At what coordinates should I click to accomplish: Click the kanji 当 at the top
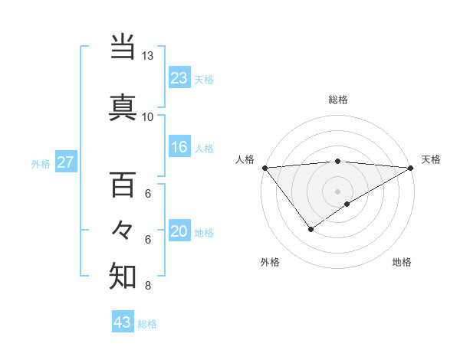(123, 47)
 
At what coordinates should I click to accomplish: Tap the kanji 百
(123, 185)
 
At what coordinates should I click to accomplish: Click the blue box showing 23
(179, 78)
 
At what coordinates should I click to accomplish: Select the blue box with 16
(179, 147)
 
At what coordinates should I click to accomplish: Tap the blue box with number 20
(179, 232)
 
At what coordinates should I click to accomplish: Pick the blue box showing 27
(66, 162)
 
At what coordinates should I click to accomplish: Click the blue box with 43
(123, 323)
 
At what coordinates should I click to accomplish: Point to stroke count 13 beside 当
(148, 56)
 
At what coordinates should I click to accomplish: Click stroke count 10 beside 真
(148, 116)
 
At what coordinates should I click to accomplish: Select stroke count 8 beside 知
(148, 286)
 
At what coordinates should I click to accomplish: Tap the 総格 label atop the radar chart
(338, 100)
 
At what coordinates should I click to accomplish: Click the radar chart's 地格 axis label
(402, 262)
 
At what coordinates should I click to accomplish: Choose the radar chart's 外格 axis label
(270, 262)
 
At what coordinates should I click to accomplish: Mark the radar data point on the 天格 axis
(411, 168)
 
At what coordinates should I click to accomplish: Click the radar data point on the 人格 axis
(264, 168)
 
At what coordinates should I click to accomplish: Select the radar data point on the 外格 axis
(310, 229)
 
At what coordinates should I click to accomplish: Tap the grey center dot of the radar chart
(338, 191)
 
